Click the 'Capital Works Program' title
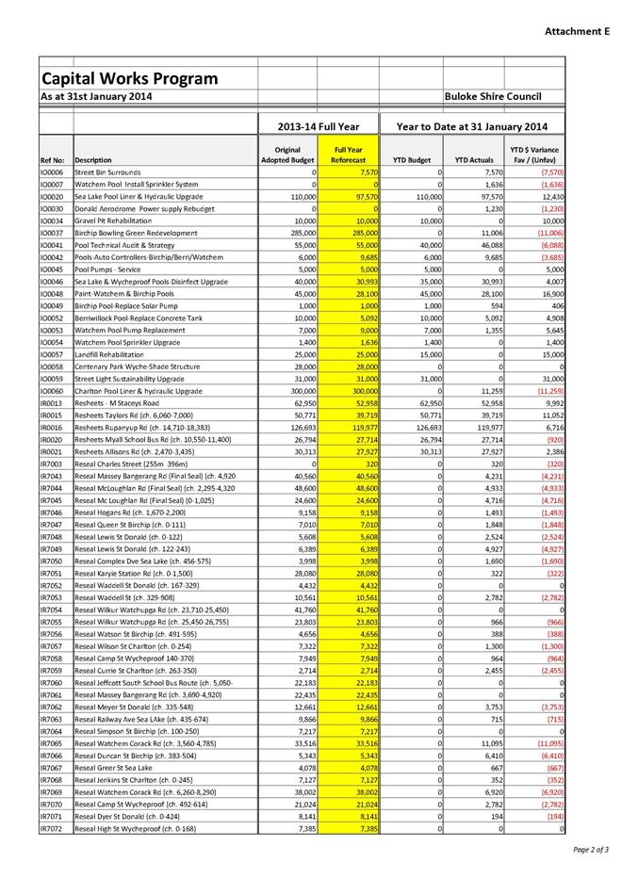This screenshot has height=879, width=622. [x=129, y=78]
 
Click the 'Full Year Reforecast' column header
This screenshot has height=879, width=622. [x=348, y=155]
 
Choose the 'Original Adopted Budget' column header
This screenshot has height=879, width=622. [x=287, y=155]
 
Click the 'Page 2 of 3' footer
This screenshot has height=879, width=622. [x=590, y=849]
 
